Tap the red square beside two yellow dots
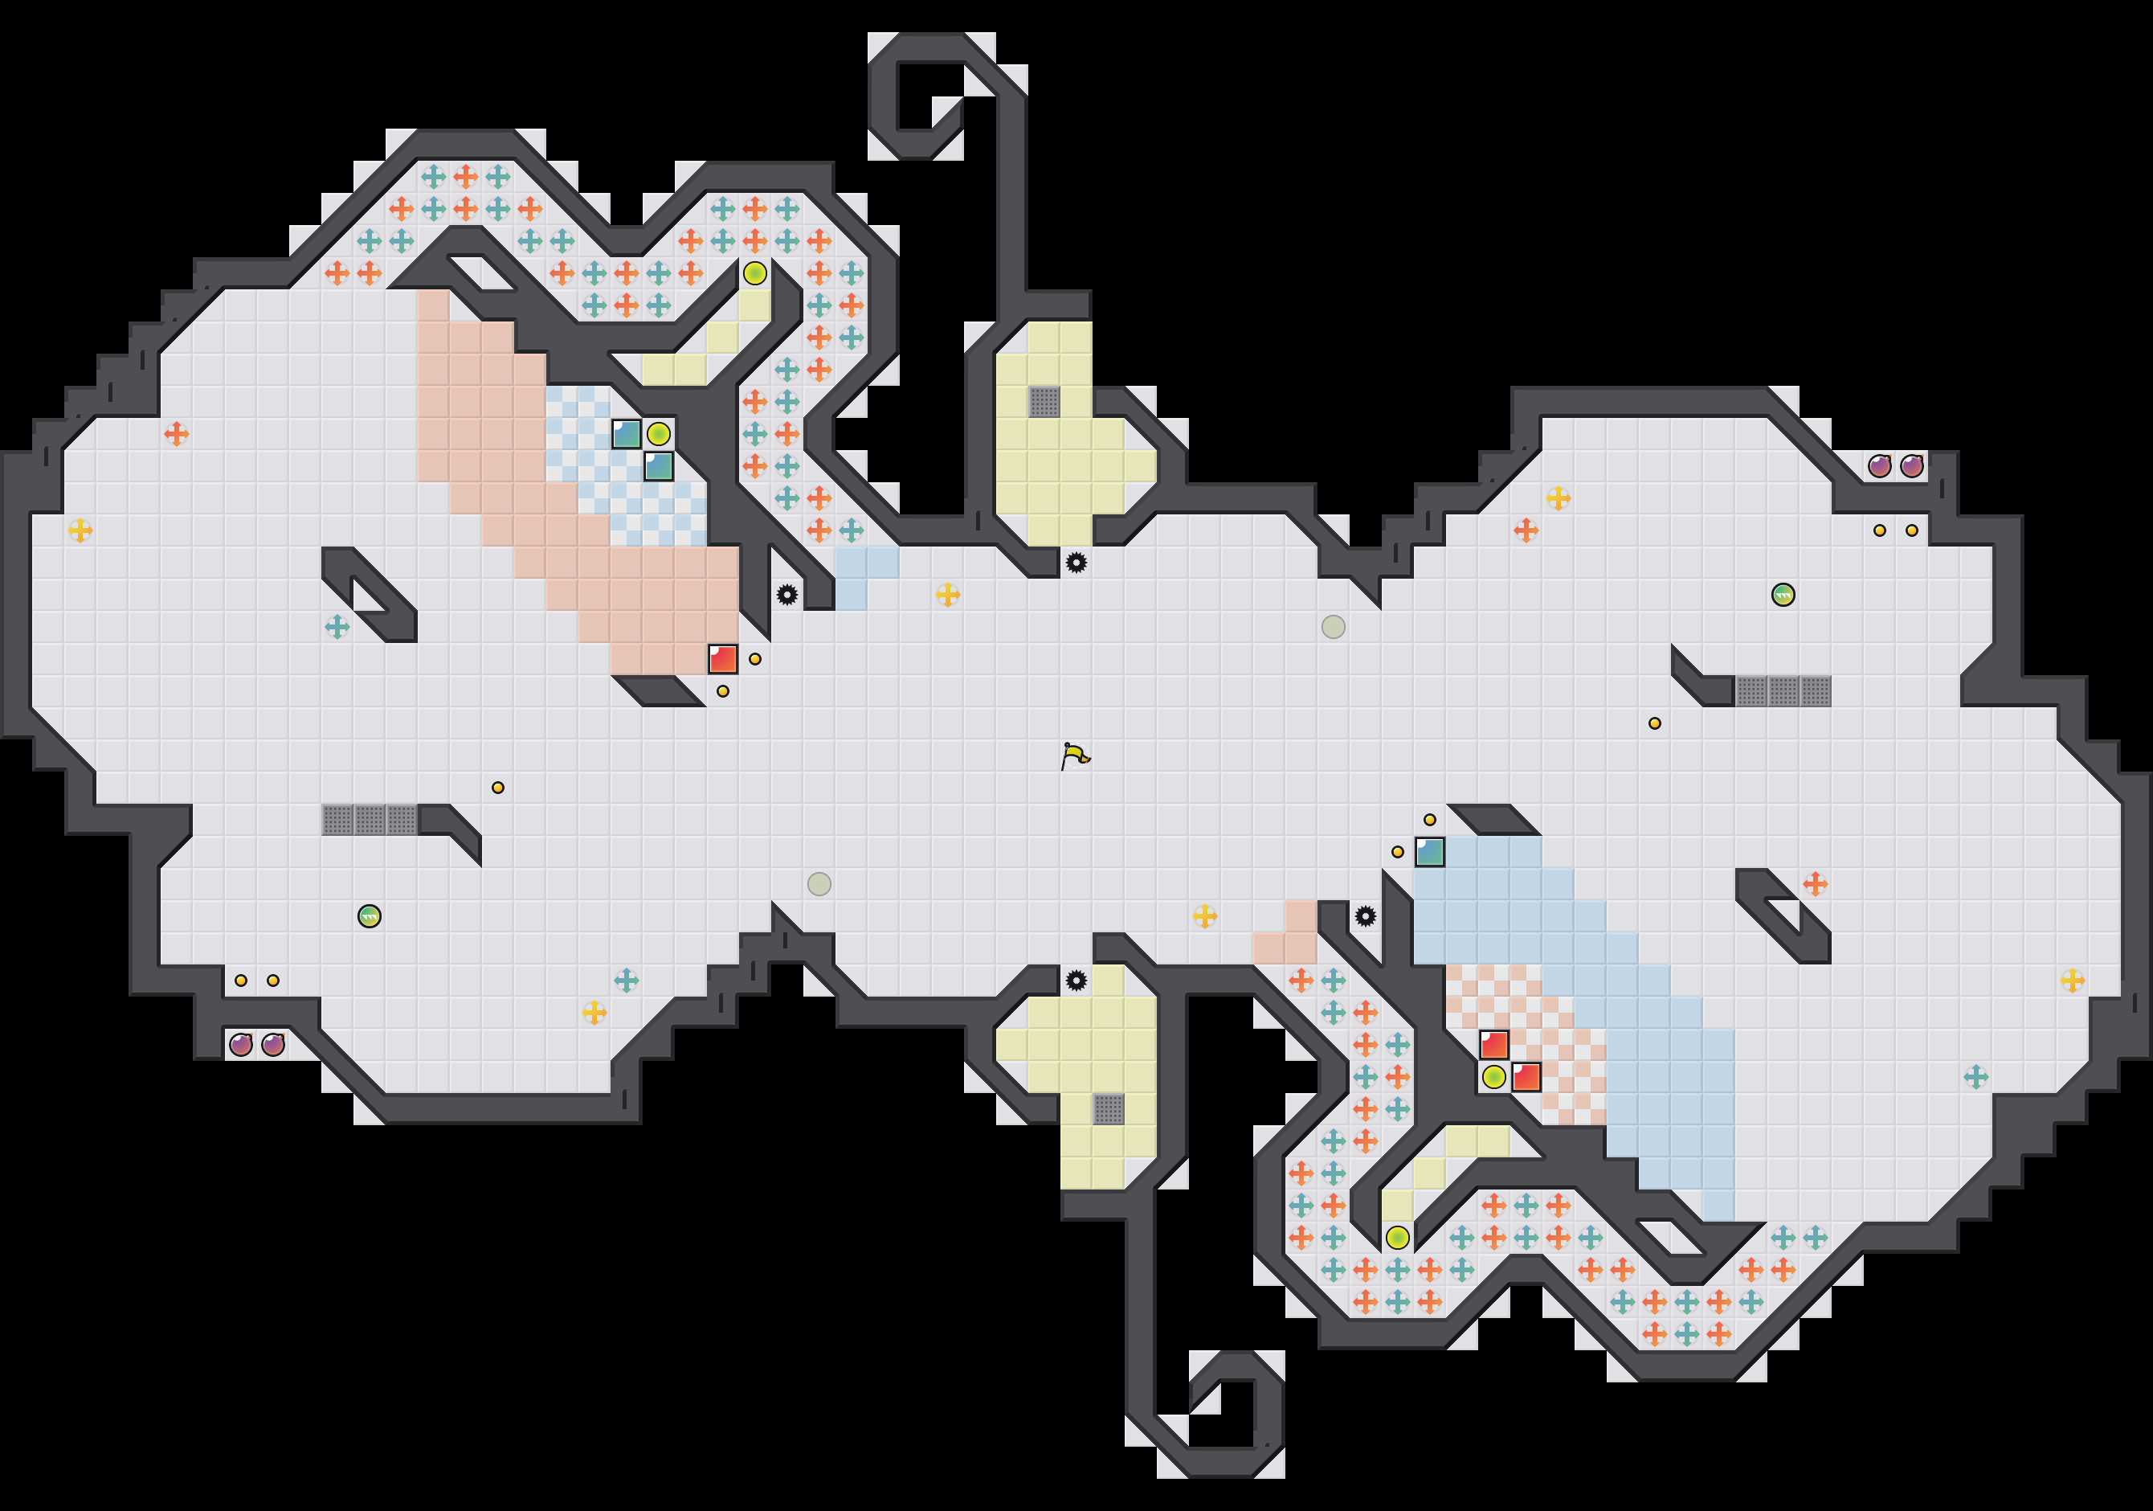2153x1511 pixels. point(722,658)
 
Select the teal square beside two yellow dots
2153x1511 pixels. point(1429,852)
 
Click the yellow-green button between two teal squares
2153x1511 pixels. point(658,434)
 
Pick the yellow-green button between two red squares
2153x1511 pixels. point(1493,1077)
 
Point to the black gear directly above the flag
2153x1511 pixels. point(1076,563)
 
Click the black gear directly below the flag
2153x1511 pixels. point(1076,980)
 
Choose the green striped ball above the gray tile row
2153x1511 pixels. point(1783,595)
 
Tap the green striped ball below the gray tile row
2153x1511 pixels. point(370,916)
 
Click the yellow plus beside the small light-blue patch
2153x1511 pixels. point(947,595)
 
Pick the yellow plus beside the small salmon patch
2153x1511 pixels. point(1204,916)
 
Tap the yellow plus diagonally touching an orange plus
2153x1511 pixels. point(1558,498)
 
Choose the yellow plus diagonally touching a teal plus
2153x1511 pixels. point(594,1012)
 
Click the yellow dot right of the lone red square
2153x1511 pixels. point(755,659)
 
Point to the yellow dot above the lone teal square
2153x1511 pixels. point(1429,820)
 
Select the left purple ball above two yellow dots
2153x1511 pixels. point(1879,466)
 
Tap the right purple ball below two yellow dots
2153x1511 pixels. point(273,1044)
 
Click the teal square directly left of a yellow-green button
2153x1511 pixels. point(627,434)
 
